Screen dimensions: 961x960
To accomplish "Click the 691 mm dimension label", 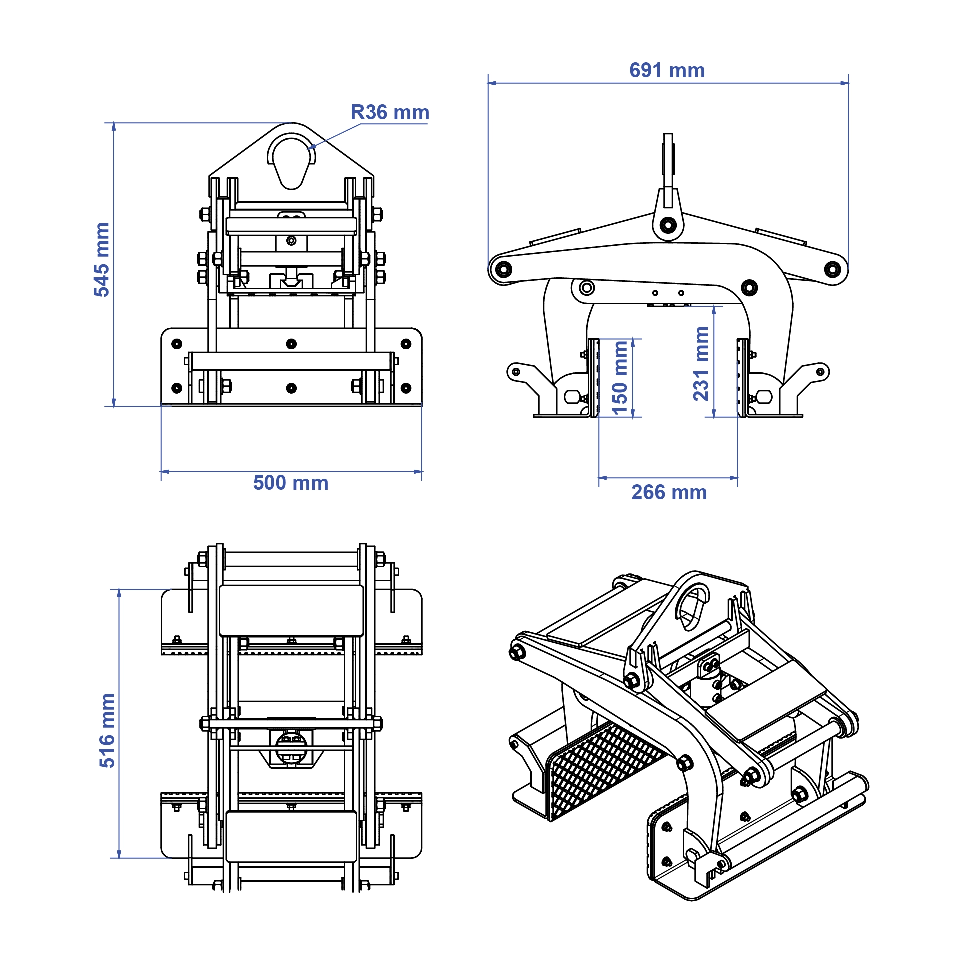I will click(667, 71).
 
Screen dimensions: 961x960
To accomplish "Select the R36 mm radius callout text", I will click(390, 112).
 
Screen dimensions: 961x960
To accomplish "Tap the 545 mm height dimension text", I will click(102, 259).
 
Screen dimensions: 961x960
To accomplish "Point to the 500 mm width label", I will click(291, 483).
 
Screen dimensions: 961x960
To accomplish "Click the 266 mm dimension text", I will click(669, 493).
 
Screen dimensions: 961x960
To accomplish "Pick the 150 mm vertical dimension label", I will click(620, 378).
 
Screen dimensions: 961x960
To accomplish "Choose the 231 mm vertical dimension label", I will click(701, 364).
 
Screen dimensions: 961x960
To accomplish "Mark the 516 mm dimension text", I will click(107, 730).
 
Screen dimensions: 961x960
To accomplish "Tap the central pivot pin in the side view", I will click(668, 225).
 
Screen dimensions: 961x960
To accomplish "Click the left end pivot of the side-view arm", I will click(502, 269).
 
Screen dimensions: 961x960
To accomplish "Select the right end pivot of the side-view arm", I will click(832, 269).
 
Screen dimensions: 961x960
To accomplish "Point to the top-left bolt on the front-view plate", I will click(177, 344).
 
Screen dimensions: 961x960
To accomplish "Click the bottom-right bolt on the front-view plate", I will click(406, 388).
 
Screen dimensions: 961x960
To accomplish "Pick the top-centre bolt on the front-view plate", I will click(291, 344).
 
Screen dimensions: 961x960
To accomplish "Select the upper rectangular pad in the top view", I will click(291, 610).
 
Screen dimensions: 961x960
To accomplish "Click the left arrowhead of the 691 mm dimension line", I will click(491, 83).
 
